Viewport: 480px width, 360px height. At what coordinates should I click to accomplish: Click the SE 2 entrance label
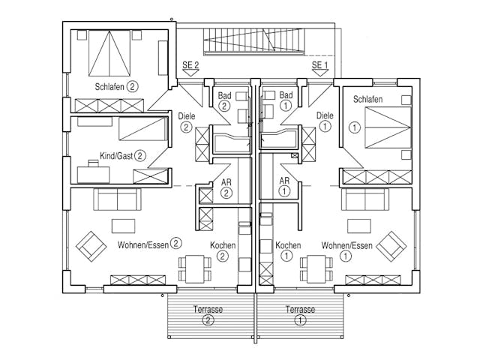tap(190, 65)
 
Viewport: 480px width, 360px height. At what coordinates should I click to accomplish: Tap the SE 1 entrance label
tap(320, 65)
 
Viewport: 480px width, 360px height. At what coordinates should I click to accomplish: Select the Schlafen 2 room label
tap(117, 86)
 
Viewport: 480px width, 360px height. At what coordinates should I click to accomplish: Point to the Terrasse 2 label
tap(208, 314)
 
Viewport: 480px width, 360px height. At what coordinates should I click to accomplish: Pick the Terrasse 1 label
tap(300, 314)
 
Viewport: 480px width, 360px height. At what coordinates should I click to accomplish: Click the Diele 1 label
tap(325, 121)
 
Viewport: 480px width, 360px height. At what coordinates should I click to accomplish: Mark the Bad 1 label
tap(285, 100)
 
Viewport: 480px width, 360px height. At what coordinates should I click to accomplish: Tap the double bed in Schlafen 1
tap(387, 125)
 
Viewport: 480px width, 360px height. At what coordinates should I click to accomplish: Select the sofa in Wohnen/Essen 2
tap(116, 199)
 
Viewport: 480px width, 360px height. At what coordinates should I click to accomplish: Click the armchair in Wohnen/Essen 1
tap(391, 245)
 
